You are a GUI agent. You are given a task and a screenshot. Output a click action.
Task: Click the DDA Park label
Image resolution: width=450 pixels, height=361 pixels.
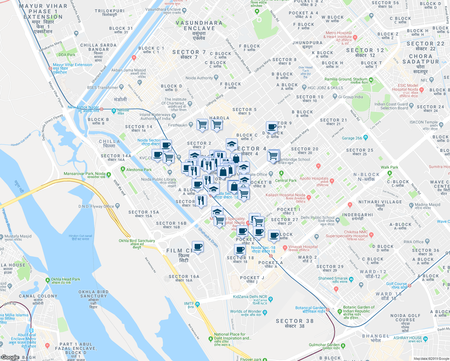[x=67, y=55]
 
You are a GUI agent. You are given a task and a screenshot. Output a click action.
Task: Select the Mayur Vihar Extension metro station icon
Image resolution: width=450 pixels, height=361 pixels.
[x=50, y=68]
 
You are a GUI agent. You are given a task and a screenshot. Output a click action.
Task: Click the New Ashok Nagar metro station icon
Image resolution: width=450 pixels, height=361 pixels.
[x=102, y=109]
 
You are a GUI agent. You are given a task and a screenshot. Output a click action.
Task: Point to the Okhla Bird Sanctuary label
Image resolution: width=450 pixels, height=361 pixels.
[x=137, y=241]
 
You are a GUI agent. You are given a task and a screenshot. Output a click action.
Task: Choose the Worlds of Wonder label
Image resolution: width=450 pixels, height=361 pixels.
[x=246, y=311]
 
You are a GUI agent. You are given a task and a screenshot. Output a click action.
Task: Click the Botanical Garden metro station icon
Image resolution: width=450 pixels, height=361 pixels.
[x=328, y=310]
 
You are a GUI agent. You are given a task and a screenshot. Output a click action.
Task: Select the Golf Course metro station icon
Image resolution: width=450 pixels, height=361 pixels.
[x=409, y=285]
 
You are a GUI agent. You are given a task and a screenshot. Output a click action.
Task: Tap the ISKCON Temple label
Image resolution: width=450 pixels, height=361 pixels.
[x=424, y=122]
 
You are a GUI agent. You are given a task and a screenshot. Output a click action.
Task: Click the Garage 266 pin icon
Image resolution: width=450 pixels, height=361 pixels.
[x=365, y=138]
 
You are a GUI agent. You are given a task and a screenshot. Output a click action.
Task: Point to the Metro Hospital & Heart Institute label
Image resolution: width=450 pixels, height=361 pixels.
[x=338, y=35]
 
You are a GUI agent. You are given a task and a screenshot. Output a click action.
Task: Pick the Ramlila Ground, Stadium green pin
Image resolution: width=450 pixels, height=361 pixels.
[x=371, y=80]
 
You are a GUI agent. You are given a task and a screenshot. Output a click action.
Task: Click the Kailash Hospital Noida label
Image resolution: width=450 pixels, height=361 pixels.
[x=285, y=195]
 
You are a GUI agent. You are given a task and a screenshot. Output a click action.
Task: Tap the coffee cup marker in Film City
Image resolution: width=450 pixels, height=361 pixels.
[x=198, y=247]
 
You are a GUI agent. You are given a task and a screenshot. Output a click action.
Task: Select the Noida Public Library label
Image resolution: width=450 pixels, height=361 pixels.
[x=159, y=179]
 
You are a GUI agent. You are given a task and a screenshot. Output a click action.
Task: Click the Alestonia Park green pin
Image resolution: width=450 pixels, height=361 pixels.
[x=123, y=169]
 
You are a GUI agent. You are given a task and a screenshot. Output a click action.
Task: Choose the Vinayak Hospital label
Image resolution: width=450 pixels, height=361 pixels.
[x=303, y=247]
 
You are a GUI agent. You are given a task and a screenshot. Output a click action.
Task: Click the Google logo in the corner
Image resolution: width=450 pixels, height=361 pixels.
[x=10, y=357]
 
